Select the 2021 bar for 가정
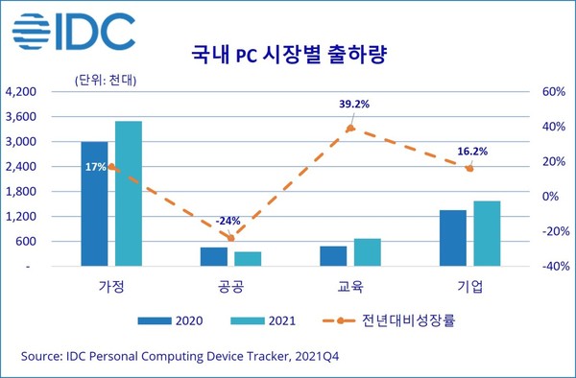click(x=129, y=193)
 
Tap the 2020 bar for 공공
click(x=214, y=255)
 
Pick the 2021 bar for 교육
click(x=368, y=251)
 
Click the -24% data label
click(x=228, y=220)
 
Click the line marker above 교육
click(x=350, y=128)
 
